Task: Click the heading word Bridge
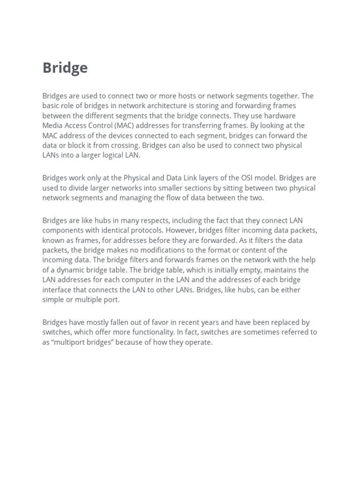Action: tap(65, 68)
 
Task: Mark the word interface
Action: tap(57, 290)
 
